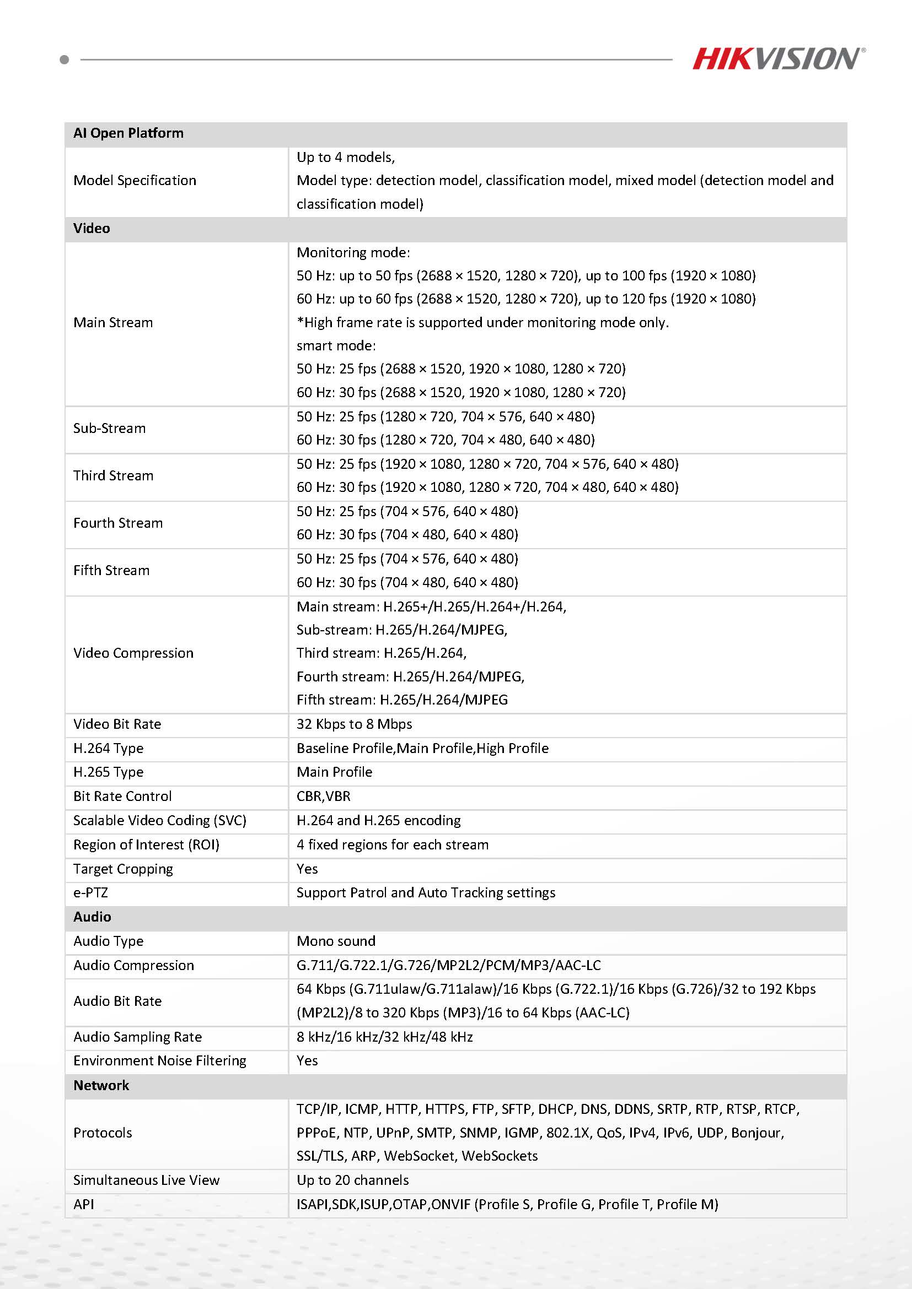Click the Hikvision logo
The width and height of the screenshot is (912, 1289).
pyautogui.click(x=778, y=59)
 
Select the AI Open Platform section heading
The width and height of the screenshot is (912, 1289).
pyautogui.click(x=128, y=133)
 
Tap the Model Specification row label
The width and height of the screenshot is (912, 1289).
pyautogui.click(x=135, y=180)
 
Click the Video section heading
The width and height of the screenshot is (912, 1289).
pyautogui.click(x=92, y=229)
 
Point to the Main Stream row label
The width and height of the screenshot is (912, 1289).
pyautogui.click(x=113, y=322)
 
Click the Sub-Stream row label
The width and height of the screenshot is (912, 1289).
pyautogui.click(x=110, y=429)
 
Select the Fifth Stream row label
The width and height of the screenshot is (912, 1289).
pyautogui.click(x=111, y=570)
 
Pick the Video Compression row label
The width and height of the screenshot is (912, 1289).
pyautogui.click(x=133, y=653)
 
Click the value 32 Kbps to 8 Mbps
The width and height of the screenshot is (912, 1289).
pyautogui.click(x=354, y=724)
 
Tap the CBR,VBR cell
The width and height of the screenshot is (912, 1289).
pyautogui.click(x=324, y=796)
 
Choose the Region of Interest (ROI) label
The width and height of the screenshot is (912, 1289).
pyautogui.click(x=146, y=844)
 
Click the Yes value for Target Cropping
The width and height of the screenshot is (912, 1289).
pyautogui.click(x=307, y=869)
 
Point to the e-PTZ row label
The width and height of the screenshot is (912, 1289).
pyautogui.click(x=90, y=892)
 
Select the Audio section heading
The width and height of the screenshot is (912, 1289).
pyautogui.click(x=92, y=917)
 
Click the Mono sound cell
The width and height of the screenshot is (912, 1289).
pyautogui.click(x=336, y=941)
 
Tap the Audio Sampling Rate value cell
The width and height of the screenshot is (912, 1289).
pyautogui.click(x=384, y=1037)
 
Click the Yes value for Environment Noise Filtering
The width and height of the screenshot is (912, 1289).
pyautogui.click(x=307, y=1060)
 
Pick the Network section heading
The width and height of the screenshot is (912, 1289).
pyautogui.click(x=101, y=1085)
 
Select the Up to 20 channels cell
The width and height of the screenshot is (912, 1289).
pyautogui.click(x=352, y=1180)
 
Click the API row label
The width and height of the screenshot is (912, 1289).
pyautogui.click(x=84, y=1204)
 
